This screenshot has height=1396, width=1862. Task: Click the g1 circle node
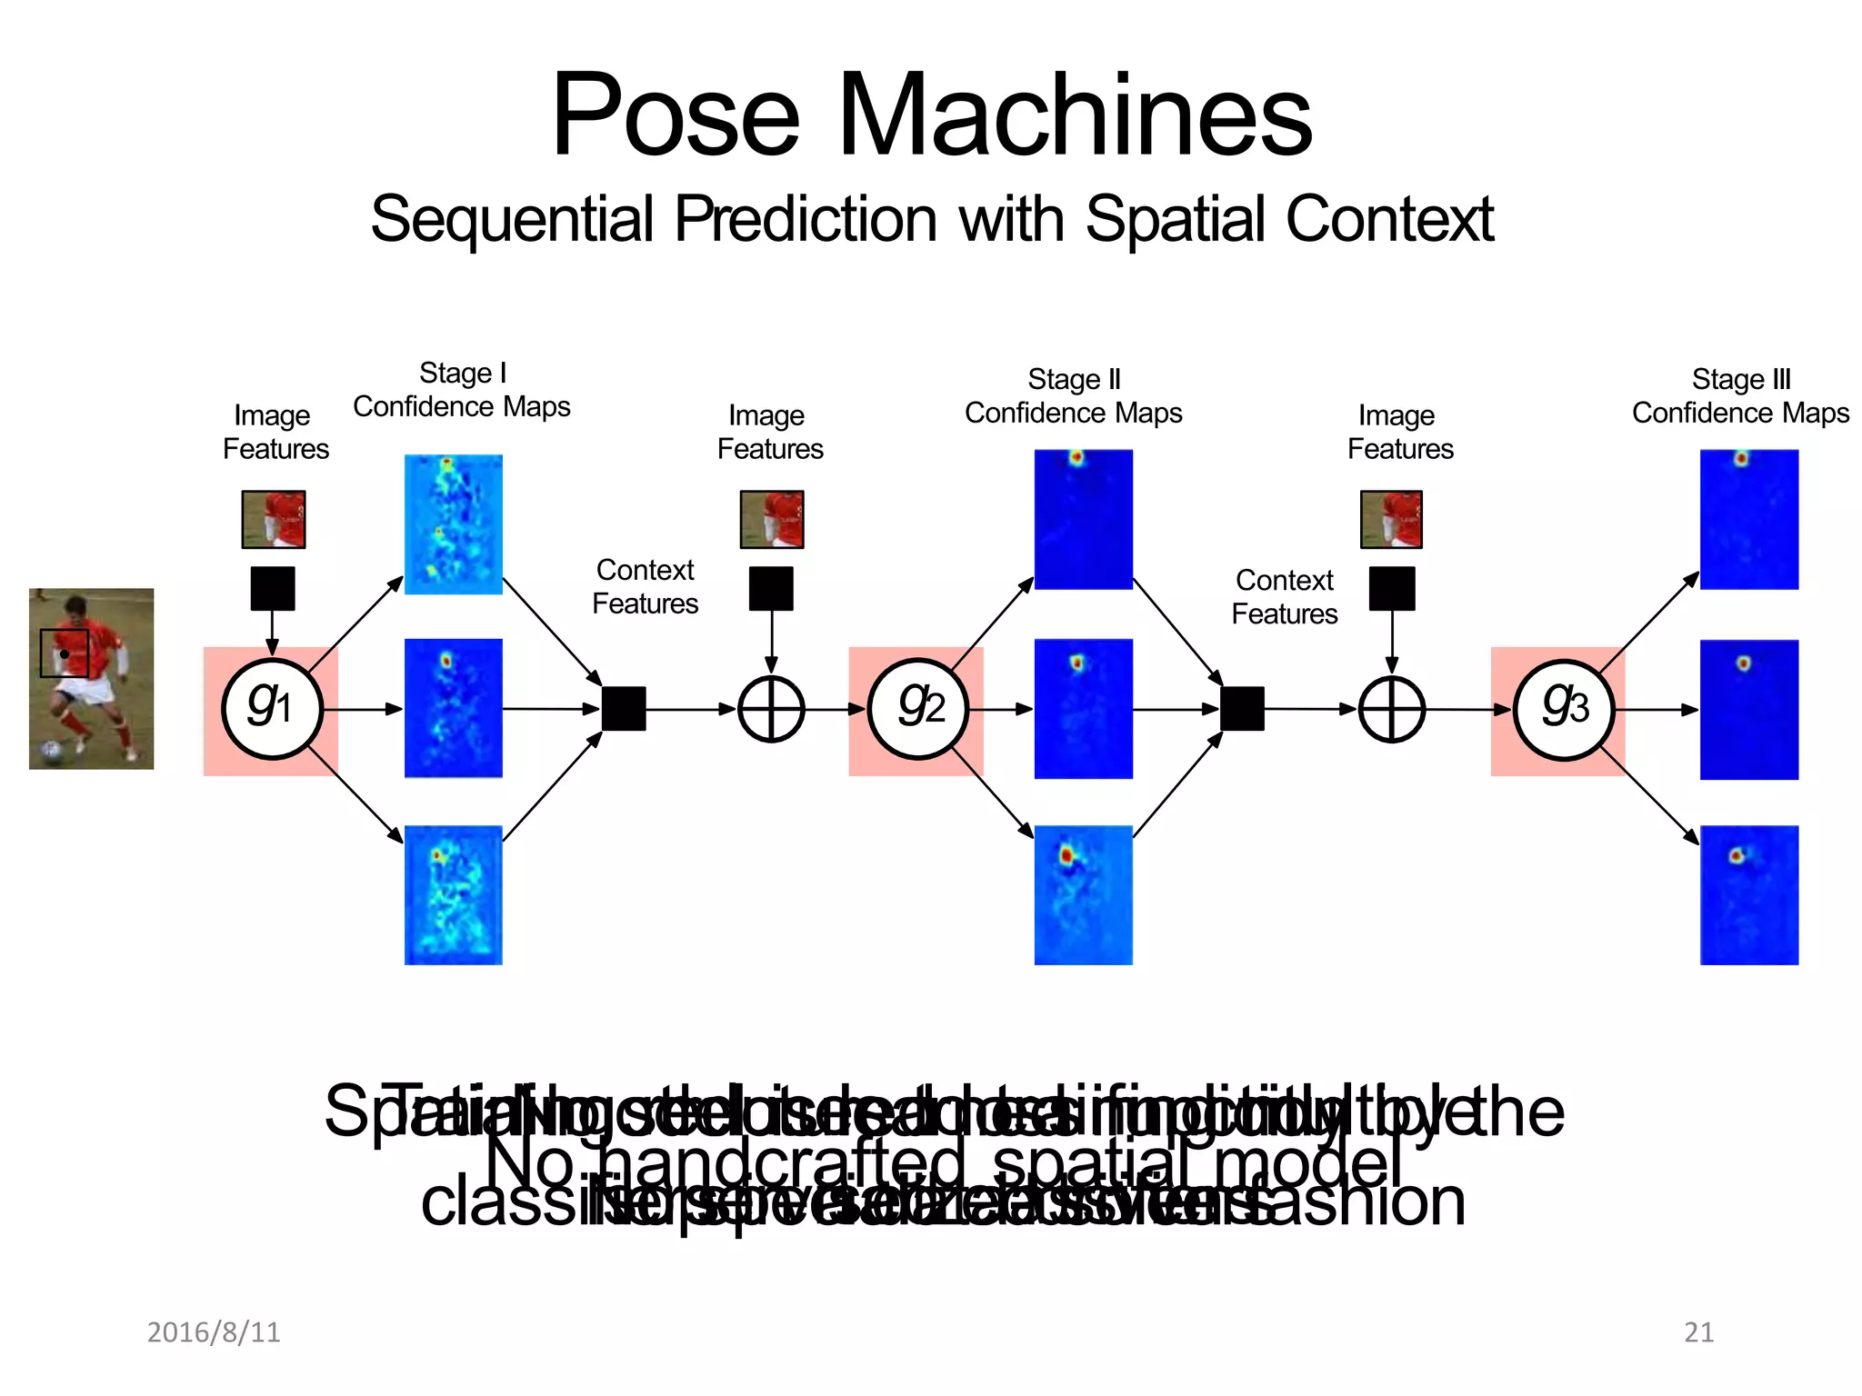click(272, 708)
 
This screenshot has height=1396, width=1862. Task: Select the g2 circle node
click(918, 708)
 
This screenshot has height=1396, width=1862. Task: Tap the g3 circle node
click(1563, 708)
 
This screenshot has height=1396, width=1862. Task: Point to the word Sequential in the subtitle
click(512, 219)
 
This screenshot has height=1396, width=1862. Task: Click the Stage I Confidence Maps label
click(462, 390)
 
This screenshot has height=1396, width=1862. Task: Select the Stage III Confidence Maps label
click(1740, 396)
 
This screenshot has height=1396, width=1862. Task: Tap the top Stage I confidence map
click(453, 524)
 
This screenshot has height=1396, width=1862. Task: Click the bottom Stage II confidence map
click(1083, 894)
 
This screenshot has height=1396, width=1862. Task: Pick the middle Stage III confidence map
click(1748, 709)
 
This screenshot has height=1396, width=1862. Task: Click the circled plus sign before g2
click(771, 709)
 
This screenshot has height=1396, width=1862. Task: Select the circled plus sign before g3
click(1391, 709)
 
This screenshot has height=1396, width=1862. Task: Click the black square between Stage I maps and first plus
click(624, 709)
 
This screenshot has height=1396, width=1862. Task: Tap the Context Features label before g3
click(1284, 597)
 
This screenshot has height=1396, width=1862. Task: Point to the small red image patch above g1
click(274, 519)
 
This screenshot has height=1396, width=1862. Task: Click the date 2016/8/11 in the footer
click(214, 1331)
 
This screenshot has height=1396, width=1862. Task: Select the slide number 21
click(1698, 1331)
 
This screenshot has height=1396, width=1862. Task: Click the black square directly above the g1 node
click(272, 588)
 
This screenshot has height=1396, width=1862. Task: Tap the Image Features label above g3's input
click(1399, 432)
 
